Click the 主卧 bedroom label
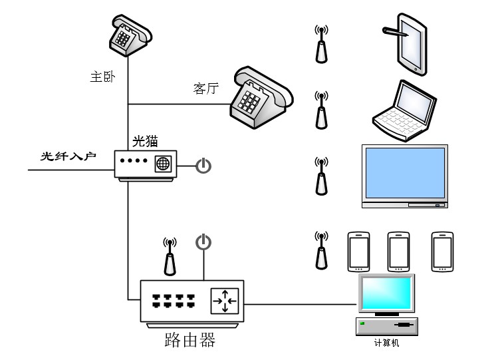point(103,77)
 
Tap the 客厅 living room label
point(206,89)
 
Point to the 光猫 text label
point(146,140)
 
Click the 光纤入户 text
point(68,156)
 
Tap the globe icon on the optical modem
point(163,164)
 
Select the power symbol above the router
point(203,243)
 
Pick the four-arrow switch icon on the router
point(224,301)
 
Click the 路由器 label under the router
point(189,341)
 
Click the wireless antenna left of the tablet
point(321,43)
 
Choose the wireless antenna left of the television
point(321,176)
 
